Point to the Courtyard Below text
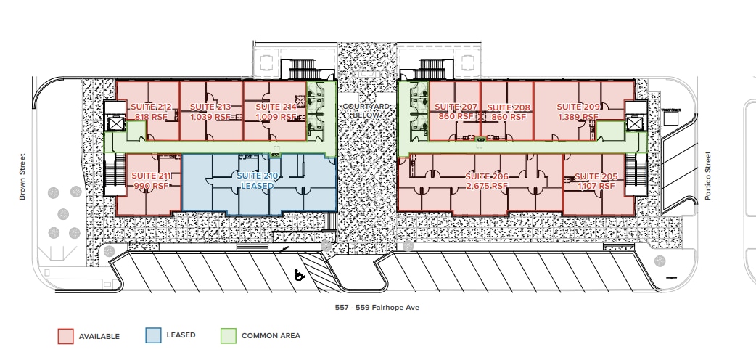pos(367,110)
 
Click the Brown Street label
pos(22,176)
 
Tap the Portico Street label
pos(709,176)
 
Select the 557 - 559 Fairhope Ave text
pos(377,308)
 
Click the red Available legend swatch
pos(66,336)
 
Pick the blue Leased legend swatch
pos(153,335)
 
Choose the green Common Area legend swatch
pos(229,335)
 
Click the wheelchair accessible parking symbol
pos(297,275)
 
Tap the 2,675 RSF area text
pos(486,186)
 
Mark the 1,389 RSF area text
pos(578,117)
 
